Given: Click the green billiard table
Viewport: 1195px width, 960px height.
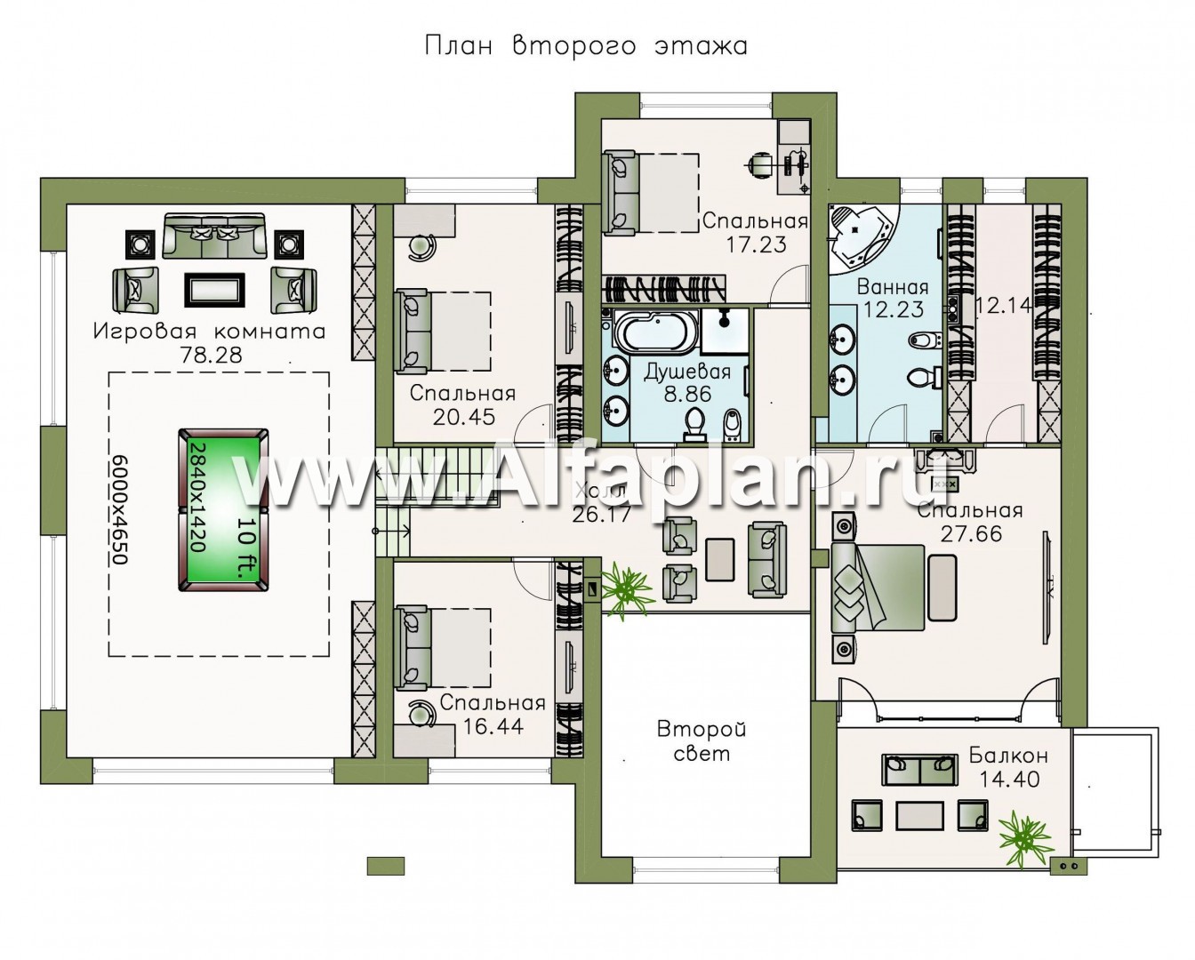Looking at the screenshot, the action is [223, 509].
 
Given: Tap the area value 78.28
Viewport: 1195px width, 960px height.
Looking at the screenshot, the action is [211, 356].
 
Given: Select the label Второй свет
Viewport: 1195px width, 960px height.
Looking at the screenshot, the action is [702, 741].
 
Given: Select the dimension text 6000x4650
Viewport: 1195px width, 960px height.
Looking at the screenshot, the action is [119, 509].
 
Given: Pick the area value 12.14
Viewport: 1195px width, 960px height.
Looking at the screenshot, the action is [1003, 305].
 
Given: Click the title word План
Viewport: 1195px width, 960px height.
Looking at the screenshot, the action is [459, 46].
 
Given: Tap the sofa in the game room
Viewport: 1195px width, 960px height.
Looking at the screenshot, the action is [213, 236].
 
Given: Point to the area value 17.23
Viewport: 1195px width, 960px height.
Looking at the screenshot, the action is [757, 244].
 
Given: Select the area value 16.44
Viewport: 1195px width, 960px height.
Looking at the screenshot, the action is [493, 726].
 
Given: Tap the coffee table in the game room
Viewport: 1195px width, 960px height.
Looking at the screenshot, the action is [214, 289].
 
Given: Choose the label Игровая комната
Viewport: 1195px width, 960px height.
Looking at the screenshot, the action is [209, 332].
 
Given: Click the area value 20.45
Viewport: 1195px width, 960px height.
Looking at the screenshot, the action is [463, 417].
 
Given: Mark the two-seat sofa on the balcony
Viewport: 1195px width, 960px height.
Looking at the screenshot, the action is [919, 770].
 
